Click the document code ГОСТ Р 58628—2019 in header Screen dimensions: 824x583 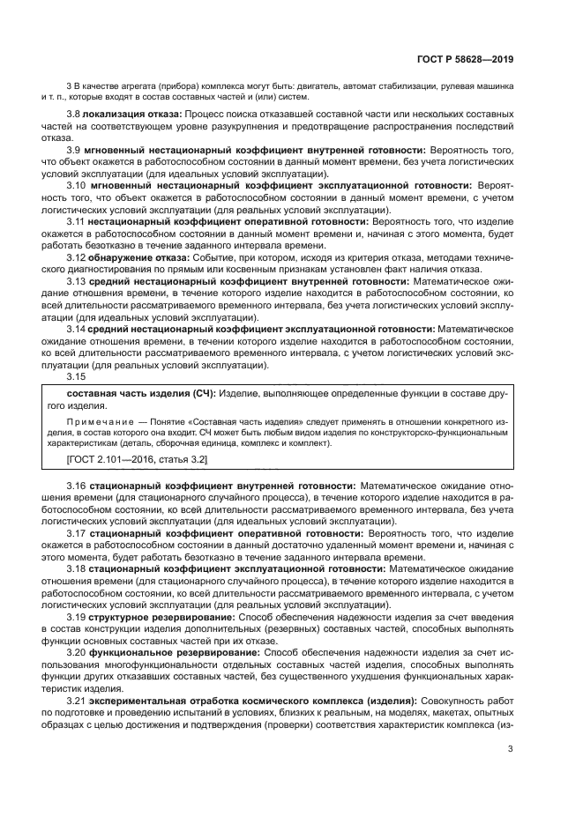click(x=466, y=60)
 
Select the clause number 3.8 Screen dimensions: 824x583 click(x=74, y=115)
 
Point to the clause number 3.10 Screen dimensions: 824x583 click(x=77, y=186)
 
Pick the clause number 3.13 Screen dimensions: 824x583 click(x=77, y=281)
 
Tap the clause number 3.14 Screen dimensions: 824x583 click(x=77, y=329)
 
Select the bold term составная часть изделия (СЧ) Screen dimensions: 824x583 click(x=141, y=393)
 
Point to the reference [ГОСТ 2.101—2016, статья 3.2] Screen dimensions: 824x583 click(x=138, y=459)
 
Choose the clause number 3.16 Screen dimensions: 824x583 click(x=77, y=486)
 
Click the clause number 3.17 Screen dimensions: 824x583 click(x=77, y=533)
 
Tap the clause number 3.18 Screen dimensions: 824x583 click(x=77, y=569)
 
